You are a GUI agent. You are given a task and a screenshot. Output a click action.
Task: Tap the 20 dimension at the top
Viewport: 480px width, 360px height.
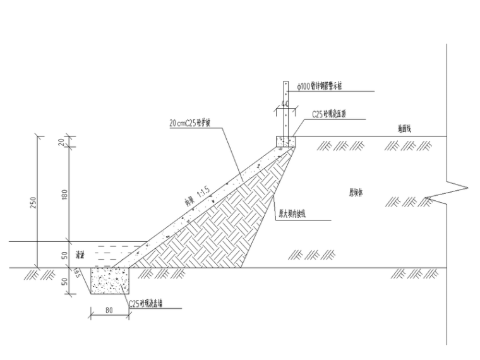[63, 143]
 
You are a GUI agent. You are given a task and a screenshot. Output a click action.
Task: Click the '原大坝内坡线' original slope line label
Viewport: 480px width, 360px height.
[292, 214]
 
